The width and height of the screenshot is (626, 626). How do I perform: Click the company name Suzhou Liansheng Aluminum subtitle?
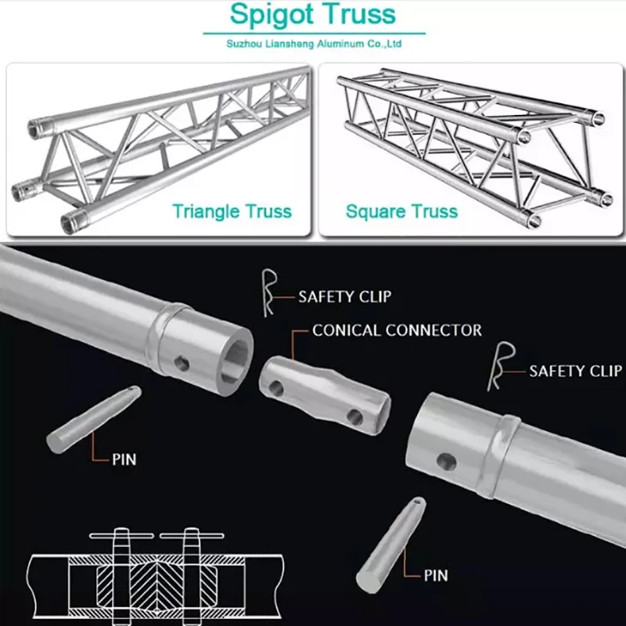tap(314, 45)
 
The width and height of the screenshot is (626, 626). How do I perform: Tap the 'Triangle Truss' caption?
tap(232, 211)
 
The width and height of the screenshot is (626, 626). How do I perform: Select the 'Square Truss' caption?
tap(401, 211)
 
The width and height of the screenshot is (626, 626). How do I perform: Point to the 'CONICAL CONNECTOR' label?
tap(397, 330)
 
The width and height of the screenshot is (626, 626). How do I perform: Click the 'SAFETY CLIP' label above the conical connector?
tap(344, 297)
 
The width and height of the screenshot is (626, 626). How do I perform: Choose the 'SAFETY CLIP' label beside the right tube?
tap(577, 370)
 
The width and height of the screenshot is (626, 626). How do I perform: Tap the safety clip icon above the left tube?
tap(268, 293)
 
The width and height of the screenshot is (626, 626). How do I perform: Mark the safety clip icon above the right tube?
tap(499, 366)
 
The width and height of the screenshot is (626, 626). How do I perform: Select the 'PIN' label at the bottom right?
tap(436, 576)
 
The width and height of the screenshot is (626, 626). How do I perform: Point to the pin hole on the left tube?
tap(182, 362)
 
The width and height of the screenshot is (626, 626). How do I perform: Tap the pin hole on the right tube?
tap(446, 461)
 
